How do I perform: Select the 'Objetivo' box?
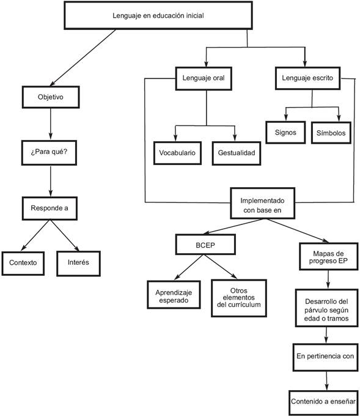click(50, 97)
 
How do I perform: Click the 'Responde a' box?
click(50, 208)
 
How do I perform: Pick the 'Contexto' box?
click(23, 262)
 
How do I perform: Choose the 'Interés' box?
click(79, 262)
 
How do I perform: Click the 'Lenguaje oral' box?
click(206, 78)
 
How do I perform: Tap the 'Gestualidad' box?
click(236, 152)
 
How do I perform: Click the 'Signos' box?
click(285, 132)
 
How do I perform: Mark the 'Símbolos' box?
click(331, 132)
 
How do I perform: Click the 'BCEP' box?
click(202, 245)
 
